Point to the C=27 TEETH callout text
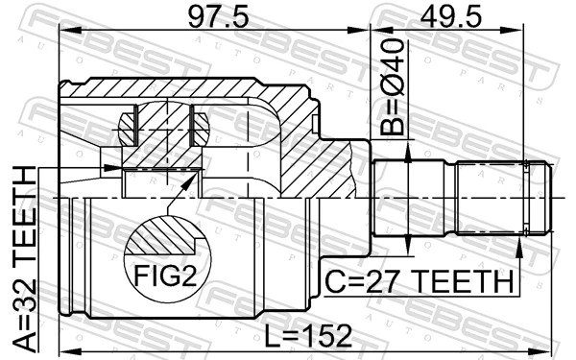418,281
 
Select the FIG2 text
162,278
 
